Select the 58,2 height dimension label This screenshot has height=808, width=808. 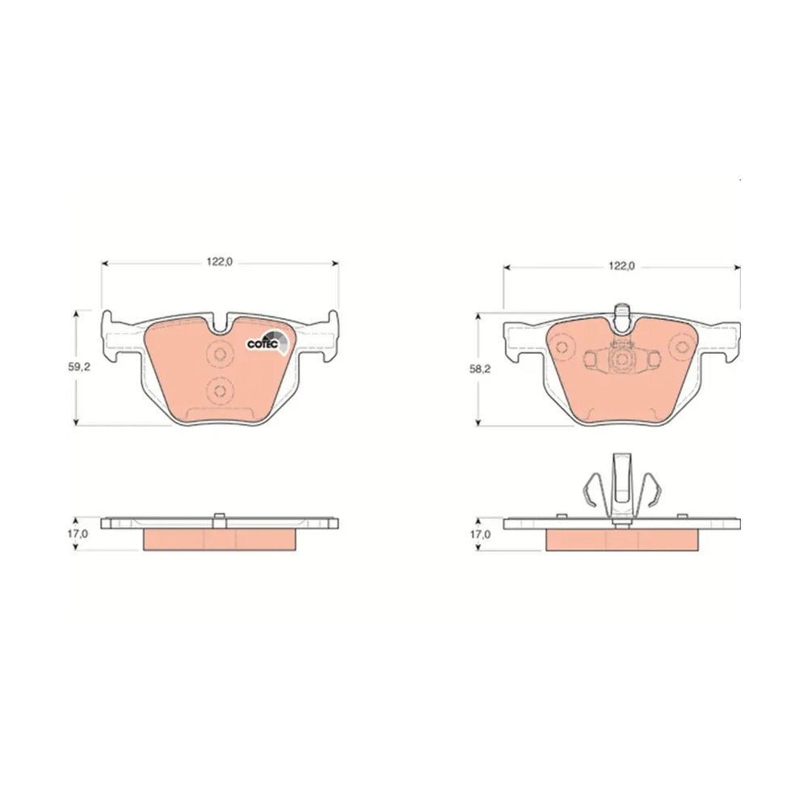(x=481, y=369)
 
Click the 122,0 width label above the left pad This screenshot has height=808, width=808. (x=220, y=262)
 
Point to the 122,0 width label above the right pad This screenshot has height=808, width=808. (x=621, y=266)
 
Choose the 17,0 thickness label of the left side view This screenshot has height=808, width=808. (x=78, y=534)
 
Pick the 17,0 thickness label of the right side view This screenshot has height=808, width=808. (x=480, y=534)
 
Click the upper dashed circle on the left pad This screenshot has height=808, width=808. (x=220, y=354)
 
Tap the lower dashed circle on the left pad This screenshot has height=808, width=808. (x=220, y=391)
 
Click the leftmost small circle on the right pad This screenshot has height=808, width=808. (x=562, y=347)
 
